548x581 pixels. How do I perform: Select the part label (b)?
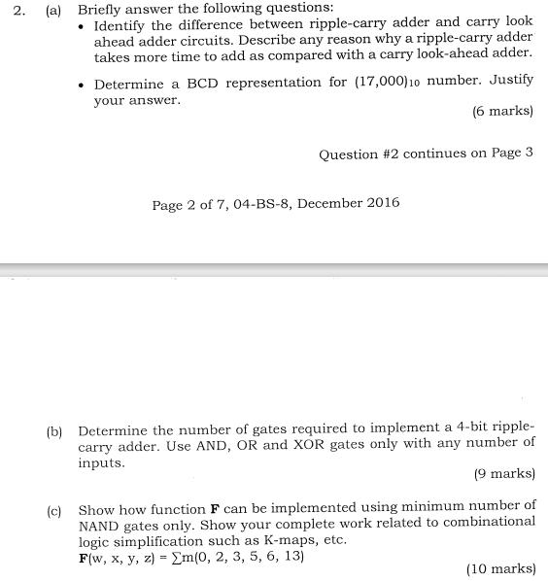tap(54, 429)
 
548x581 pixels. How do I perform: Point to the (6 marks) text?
tap(502, 111)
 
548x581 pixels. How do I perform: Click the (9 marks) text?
tap(503, 474)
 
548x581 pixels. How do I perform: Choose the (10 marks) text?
tap(500, 568)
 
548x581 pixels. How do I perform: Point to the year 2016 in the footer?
tap(379, 203)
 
